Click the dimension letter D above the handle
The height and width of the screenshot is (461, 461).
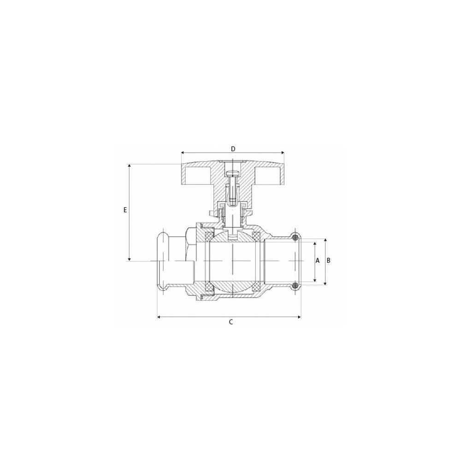coord(233,149)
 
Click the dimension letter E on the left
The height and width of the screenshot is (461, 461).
coord(125,210)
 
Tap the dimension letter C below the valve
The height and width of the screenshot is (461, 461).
coord(231,322)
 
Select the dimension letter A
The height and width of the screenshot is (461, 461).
coord(318,260)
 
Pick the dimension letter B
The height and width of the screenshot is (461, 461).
coord(329,260)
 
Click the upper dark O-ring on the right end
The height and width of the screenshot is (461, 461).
coord(296,237)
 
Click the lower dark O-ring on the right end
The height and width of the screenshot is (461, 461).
coord(296,284)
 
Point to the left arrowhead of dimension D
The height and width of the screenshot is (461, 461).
coord(183,153)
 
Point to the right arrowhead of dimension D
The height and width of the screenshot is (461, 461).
coord(283,153)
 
